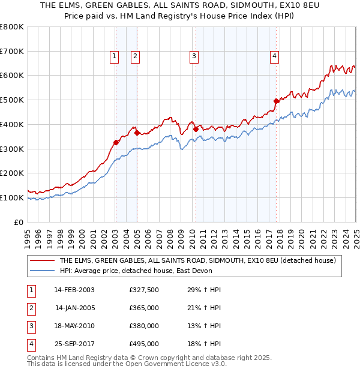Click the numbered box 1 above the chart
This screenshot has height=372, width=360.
[x=114, y=57]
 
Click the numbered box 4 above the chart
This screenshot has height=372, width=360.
[x=274, y=57]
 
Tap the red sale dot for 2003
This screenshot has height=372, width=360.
[x=116, y=142]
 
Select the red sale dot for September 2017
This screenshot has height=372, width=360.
[x=277, y=101]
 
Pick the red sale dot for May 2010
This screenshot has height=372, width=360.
[x=196, y=129]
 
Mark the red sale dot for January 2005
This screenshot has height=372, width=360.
[x=137, y=133]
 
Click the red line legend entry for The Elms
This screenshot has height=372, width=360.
[x=201, y=260]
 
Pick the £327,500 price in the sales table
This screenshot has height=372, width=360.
[x=143, y=290]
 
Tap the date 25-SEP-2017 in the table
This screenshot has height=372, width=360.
[x=74, y=344]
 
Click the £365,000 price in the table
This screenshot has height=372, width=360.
[x=143, y=308]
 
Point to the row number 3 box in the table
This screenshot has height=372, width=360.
[x=31, y=326]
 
